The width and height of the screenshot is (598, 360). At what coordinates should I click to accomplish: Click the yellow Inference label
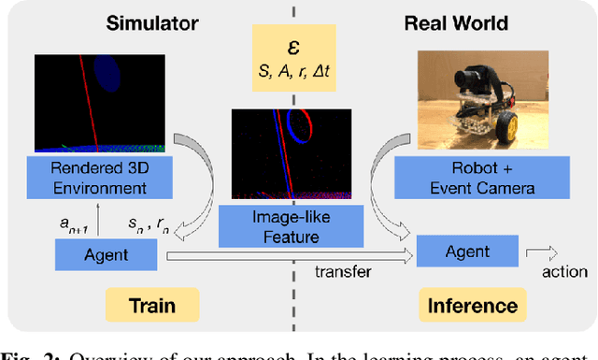coord(472,306)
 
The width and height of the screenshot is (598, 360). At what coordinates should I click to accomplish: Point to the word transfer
coord(344,272)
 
